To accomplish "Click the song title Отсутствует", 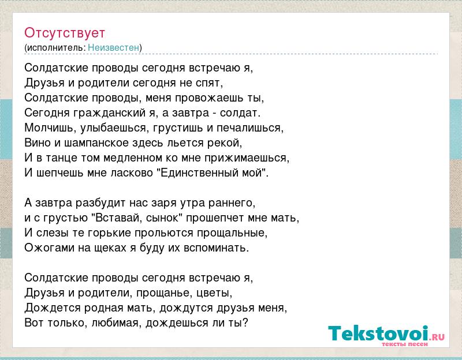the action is point(65,33).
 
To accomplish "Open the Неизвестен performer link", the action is point(113,47).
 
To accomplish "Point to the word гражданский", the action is point(110,113).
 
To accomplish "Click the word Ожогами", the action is point(50,248).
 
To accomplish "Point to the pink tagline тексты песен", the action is point(405,344).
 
